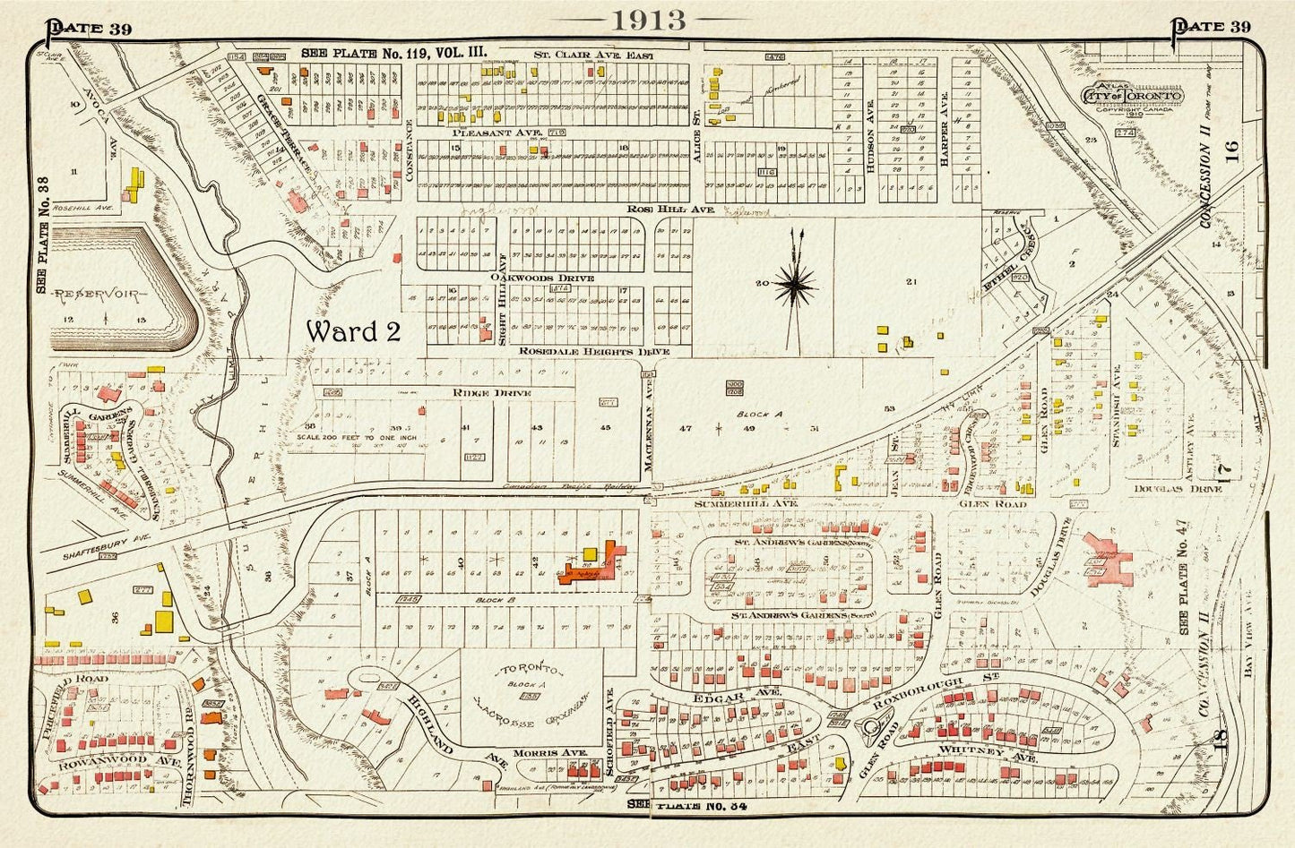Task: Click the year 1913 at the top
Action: [647, 21]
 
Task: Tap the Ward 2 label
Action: [352, 331]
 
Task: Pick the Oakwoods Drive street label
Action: [541, 278]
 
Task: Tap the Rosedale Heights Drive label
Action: [594, 352]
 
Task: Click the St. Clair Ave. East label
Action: [593, 56]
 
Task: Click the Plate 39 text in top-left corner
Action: [90, 28]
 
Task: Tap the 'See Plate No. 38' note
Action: [41, 235]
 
